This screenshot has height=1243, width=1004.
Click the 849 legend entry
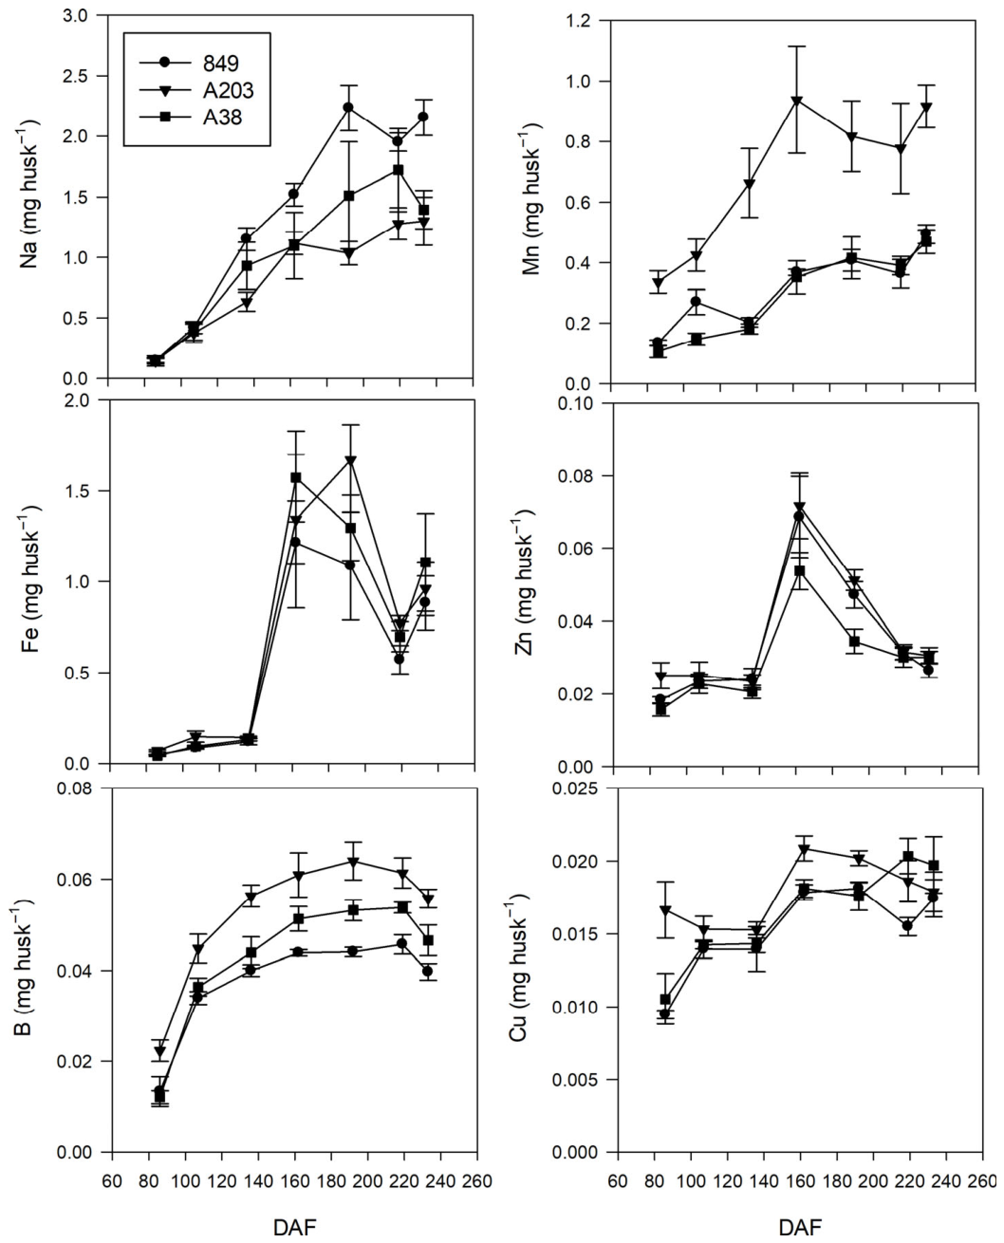coord(189,63)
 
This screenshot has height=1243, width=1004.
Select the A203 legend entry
coord(196,90)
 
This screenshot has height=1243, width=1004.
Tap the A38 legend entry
coord(191,118)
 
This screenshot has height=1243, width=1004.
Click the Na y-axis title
coord(29,194)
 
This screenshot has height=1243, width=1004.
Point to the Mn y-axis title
coord(531,198)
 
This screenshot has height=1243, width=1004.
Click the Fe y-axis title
coord(29,582)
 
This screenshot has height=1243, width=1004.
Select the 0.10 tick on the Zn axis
coord(577,403)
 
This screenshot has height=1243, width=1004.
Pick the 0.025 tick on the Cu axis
coord(576,788)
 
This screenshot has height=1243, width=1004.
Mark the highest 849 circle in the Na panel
coord(348,107)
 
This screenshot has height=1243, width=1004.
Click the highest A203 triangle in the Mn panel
coord(797,101)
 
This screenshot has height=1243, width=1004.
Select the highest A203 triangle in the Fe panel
coord(351,460)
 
